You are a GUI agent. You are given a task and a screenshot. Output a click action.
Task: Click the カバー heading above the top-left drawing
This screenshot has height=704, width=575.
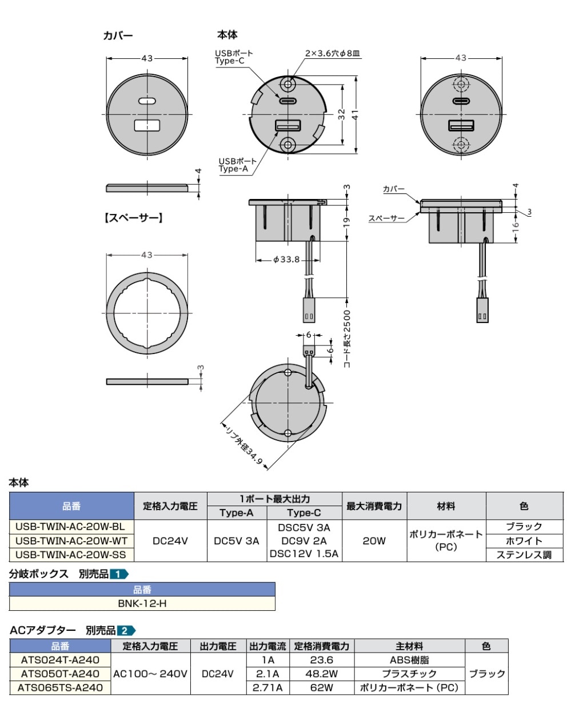click(118, 35)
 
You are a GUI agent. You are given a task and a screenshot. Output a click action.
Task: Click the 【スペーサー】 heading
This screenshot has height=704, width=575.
click(133, 217)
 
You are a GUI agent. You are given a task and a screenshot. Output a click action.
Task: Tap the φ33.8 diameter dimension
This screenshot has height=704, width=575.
click(286, 260)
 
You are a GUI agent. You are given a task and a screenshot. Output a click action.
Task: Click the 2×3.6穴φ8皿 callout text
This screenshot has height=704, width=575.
click(332, 53)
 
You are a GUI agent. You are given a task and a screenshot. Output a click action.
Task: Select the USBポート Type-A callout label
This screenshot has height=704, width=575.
click(233, 165)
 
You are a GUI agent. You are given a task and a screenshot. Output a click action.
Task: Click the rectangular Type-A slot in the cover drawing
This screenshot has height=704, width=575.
click(147, 126)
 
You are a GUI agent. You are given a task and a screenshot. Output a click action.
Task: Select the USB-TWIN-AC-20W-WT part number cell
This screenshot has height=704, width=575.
click(71, 540)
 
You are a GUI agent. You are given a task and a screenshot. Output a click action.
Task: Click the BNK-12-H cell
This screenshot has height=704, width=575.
click(142, 603)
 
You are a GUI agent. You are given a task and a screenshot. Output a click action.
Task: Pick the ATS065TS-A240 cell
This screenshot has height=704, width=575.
click(61, 687)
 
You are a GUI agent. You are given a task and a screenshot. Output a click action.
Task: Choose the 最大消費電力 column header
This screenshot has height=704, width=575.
click(374, 506)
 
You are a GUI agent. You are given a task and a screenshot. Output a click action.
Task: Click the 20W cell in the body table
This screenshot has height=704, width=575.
click(374, 540)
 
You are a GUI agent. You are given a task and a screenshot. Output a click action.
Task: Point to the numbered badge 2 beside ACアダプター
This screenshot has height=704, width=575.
click(125, 631)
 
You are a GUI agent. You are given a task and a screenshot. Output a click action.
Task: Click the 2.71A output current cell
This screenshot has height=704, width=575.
click(268, 687)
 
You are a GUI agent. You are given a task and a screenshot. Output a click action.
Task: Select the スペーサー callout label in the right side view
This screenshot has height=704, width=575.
click(386, 218)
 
